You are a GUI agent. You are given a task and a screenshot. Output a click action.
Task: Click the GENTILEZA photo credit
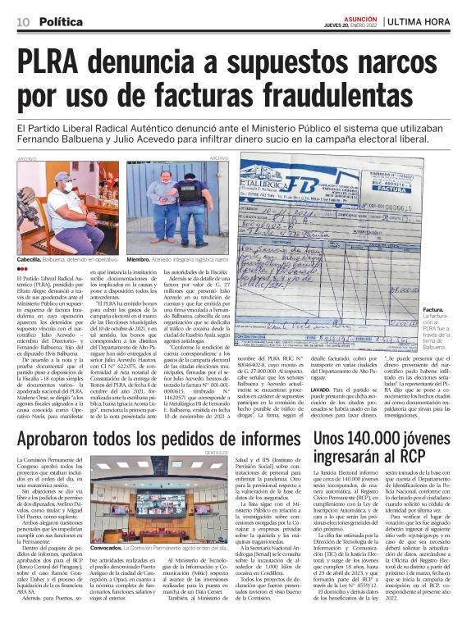[x=216, y=451]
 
